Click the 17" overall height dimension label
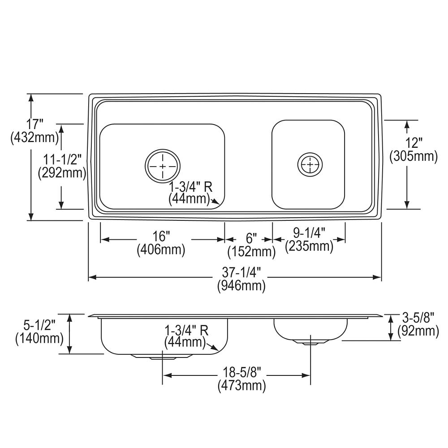coord(34,124)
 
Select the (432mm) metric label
coord(34,138)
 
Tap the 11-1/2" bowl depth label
coord(62,159)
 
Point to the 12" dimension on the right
coord(414,142)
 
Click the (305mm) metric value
coord(414,156)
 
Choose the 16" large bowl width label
coord(161,236)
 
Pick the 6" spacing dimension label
coord(251,238)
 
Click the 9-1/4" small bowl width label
coord(310,233)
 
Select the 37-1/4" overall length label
coord(242,272)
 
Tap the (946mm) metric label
coord(242,286)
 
